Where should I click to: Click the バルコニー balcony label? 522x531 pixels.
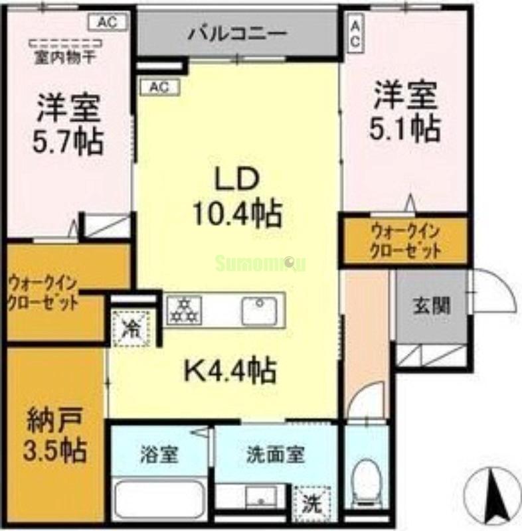[x=236, y=31]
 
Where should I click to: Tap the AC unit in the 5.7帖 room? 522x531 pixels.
[x=107, y=22]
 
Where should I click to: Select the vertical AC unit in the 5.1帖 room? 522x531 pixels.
[x=355, y=32]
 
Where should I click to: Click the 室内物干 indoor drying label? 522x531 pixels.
[x=64, y=57]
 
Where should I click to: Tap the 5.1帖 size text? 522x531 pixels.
[x=406, y=129]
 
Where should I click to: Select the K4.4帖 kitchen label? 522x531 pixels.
[x=230, y=371]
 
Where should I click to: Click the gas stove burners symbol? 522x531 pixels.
[x=183, y=309]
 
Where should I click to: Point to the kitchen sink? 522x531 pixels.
[x=259, y=310]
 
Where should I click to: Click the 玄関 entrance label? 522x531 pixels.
[x=432, y=306]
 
